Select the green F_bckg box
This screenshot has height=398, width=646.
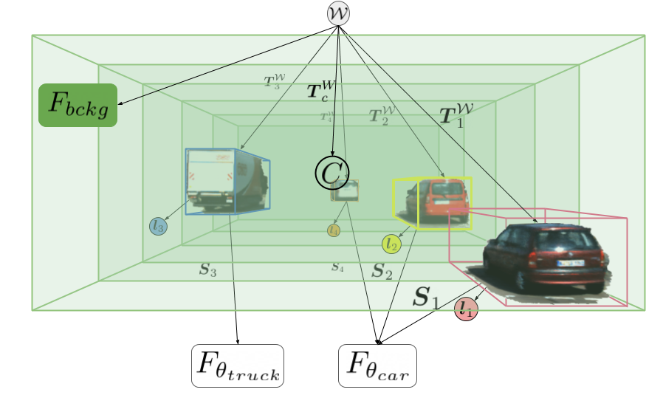click(x=78, y=105)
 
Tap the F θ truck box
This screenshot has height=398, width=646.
click(x=238, y=366)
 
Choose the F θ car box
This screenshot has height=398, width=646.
click(x=378, y=366)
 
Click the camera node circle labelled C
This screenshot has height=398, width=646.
click(x=331, y=173)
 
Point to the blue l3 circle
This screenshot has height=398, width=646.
click(x=158, y=227)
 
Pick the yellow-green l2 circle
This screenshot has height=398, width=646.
click(x=391, y=244)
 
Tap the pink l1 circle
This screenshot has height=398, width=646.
click(x=466, y=308)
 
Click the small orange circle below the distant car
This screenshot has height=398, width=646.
click(x=334, y=230)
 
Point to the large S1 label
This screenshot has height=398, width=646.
click(x=425, y=298)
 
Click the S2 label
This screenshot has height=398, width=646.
click(x=382, y=270)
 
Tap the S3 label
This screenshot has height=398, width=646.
click(x=207, y=270)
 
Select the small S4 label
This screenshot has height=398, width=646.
click(x=337, y=267)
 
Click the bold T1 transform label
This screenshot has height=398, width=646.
click(x=456, y=114)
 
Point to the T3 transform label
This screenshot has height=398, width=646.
click(x=273, y=81)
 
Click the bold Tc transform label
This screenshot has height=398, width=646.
click(x=322, y=92)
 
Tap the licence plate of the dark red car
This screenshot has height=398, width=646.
click(x=570, y=262)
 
